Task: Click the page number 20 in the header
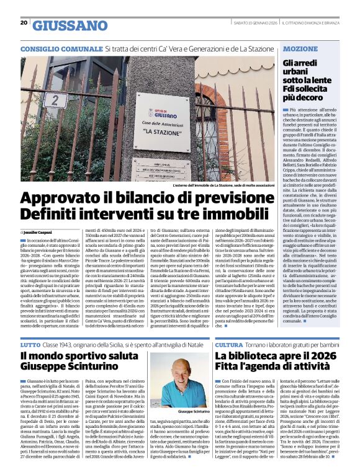click(24, 23)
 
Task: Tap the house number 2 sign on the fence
click(56, 82)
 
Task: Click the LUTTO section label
click(30, 344)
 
